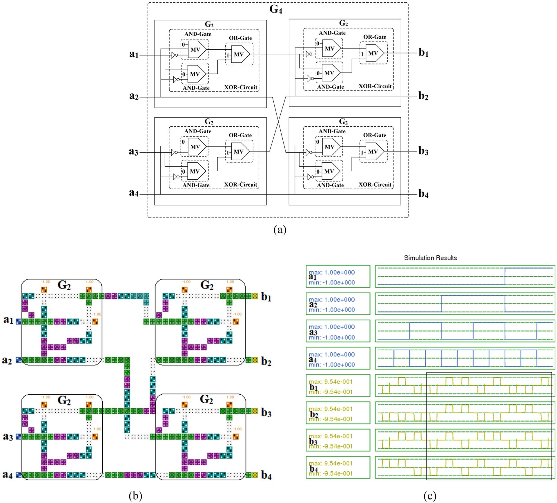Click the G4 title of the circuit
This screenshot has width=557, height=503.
coord(275,9)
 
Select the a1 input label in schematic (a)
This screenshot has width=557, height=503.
coord(134,54)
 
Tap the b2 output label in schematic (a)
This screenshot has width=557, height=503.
coord(423,96)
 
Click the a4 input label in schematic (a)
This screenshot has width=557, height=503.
coord(134,193)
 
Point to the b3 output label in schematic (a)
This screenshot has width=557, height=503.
coord(423,151)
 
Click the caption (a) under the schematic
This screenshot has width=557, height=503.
coord(280,230)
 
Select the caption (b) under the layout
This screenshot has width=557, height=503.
coord(135,496)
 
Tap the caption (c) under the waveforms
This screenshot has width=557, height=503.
coord(430,496)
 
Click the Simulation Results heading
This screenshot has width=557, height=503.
coord(430,258)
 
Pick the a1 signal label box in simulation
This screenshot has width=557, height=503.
coord(338,276)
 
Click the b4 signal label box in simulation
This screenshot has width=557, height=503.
coord(338,467)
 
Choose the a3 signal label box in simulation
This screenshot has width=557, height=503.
coord(338,331)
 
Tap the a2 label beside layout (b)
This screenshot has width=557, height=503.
coord(7,360)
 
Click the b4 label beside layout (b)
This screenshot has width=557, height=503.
coord(266,475)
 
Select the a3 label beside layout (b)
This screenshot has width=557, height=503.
coord(8,437)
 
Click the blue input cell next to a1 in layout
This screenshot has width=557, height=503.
coord(19,322)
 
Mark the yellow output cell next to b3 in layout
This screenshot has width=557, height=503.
coord(255,411)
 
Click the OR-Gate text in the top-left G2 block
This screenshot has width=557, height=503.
coord(240,38)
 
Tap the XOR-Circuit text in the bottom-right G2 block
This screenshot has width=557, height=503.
coord(375,185)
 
